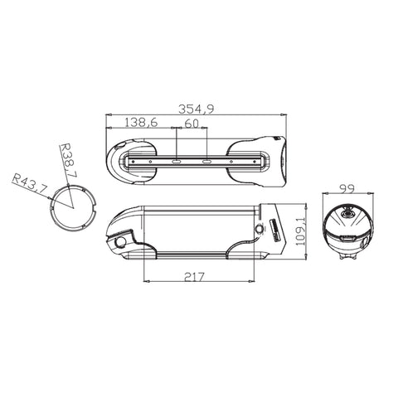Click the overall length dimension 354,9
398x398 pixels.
pos(196,109)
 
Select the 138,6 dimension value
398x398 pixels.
pos(141,122)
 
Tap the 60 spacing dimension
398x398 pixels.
pos(192,124)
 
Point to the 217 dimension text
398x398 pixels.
pos(194,277)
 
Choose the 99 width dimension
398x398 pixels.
pos(347,189)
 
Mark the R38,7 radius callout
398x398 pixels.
pos(68,160)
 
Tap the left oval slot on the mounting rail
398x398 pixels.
pos(177,162)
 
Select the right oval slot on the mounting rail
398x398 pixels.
pos(206,162)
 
